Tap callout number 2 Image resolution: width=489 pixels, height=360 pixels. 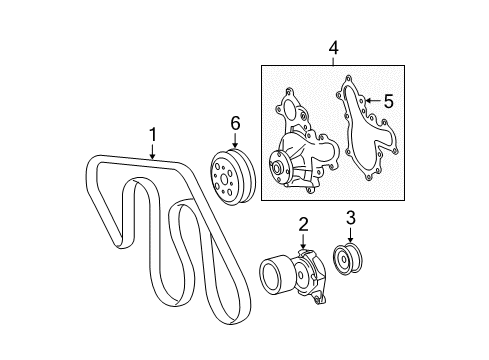302,224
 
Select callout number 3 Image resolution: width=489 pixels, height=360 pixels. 351,217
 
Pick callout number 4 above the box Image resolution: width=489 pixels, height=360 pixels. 333,46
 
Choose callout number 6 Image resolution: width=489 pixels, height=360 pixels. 235,122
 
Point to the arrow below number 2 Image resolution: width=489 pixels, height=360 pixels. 302,242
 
